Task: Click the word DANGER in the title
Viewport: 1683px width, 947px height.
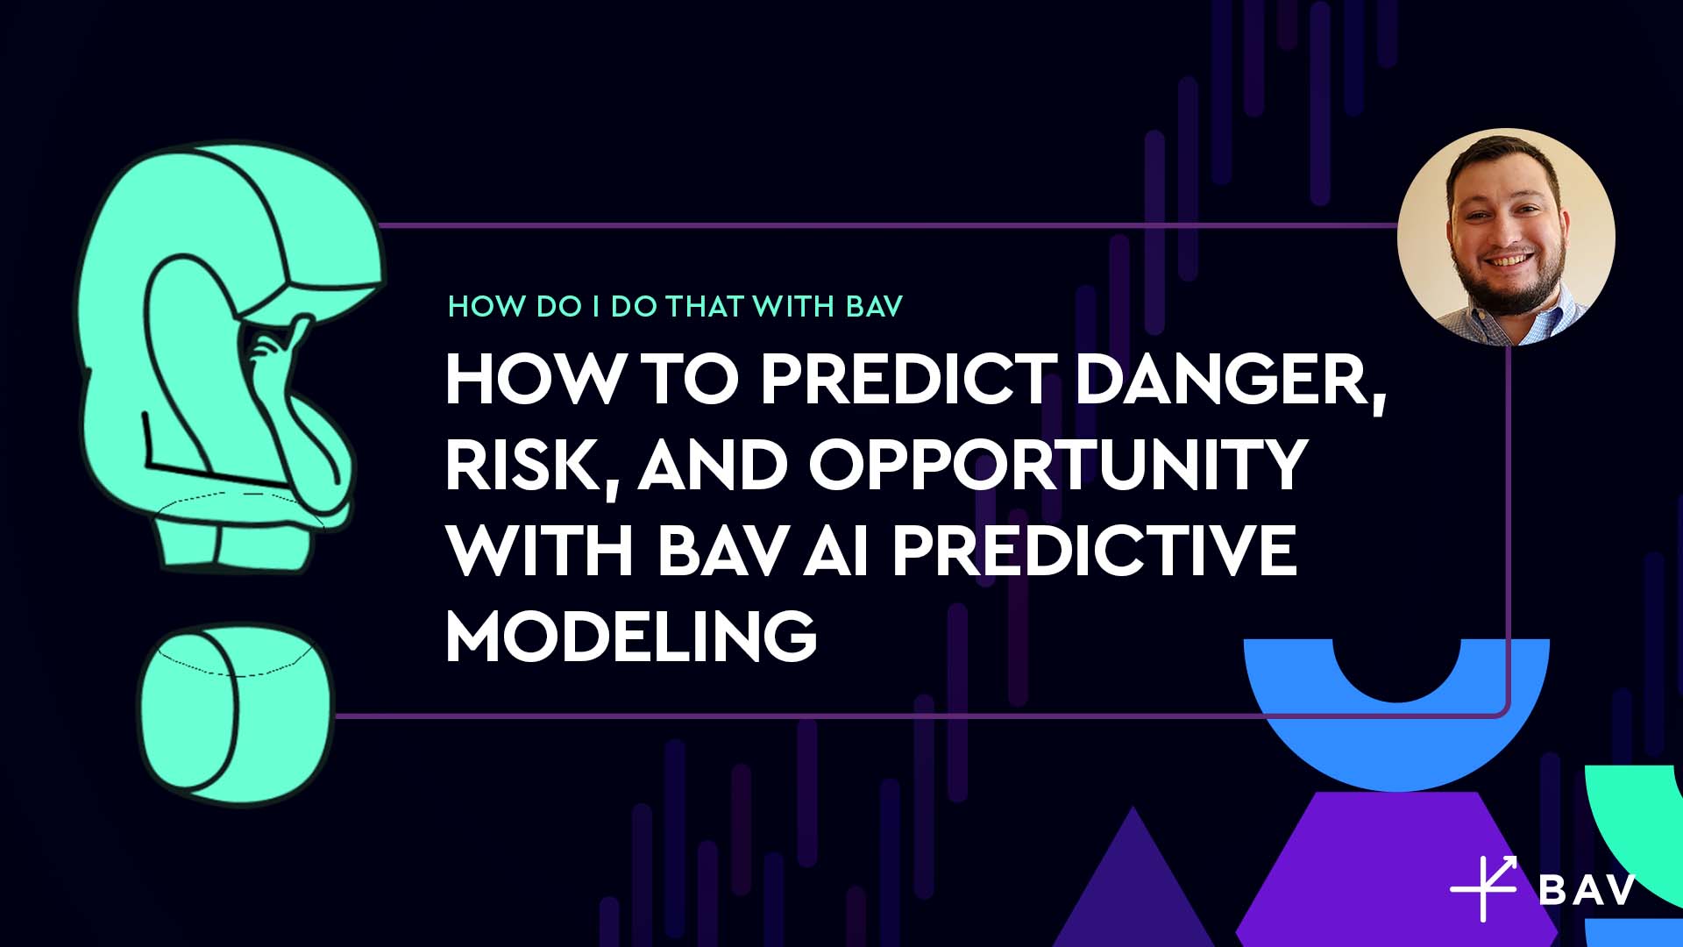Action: [1232, 381]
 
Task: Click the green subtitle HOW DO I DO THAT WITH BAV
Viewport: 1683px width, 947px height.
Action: [675, 306]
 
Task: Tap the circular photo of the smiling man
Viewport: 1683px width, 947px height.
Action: [1506, 237]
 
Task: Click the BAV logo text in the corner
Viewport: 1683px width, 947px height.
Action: [1587, 889]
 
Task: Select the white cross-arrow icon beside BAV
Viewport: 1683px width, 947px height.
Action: [1484, 888]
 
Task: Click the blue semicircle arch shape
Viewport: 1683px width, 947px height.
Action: [1396, 728]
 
